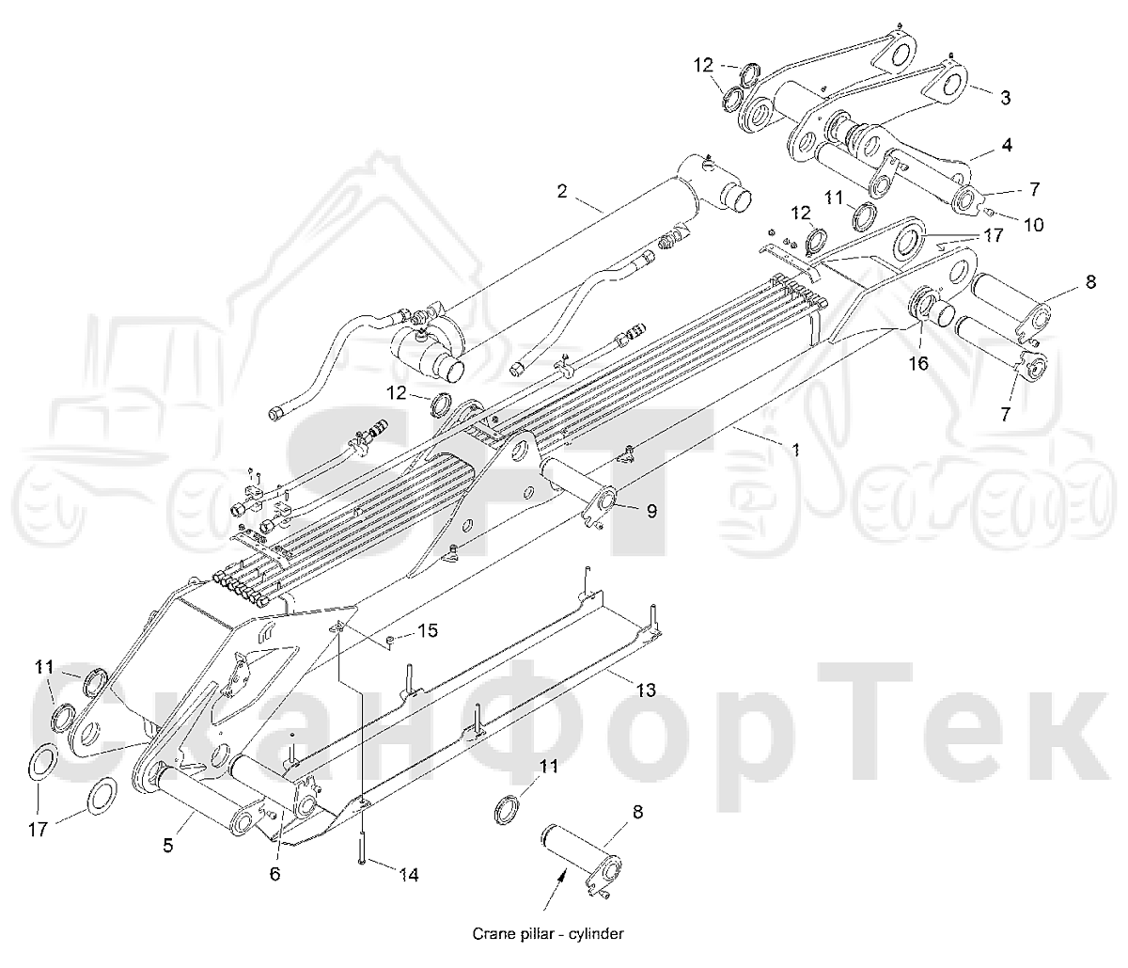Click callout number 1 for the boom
795,450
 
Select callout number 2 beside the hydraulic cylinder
561,191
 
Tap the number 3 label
1005,98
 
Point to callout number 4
1007,145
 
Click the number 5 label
167,845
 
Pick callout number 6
274,874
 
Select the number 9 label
651,511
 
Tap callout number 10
1033,225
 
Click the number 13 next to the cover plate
646,690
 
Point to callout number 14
409,875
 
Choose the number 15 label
428,630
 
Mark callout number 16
918,363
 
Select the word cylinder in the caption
597,933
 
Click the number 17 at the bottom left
38,830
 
